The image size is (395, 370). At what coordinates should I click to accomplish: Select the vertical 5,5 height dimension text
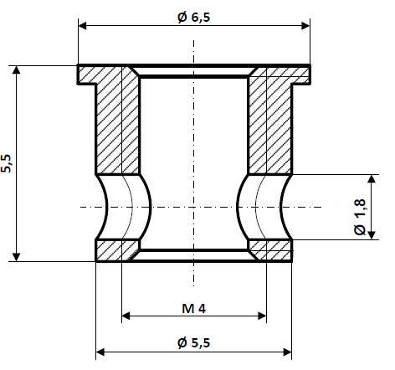(7, 163)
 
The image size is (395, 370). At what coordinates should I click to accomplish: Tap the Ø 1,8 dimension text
(359, 218)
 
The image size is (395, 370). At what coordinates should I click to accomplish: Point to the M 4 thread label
(193, 308)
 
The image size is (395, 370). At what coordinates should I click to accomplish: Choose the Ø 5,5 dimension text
(193, 342)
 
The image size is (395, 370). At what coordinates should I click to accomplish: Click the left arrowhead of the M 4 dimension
(127, 316)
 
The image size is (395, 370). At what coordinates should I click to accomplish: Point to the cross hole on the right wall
(265, 206)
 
